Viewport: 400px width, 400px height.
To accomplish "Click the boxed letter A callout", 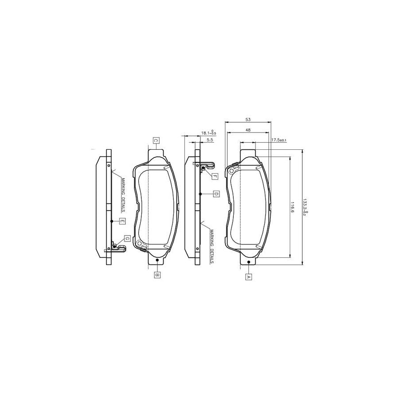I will [248, 276].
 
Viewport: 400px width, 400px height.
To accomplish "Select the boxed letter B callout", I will [157, 275].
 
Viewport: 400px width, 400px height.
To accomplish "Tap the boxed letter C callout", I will [156, 141].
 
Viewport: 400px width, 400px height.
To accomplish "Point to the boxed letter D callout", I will [215, 194].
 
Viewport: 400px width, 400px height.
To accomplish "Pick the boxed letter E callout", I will [122, 220].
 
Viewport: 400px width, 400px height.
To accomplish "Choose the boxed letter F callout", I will [214, 176].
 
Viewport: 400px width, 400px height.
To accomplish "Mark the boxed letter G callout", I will [127, 239].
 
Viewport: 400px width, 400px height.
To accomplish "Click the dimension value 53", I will [248, 119].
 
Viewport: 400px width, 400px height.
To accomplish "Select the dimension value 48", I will [248, 130].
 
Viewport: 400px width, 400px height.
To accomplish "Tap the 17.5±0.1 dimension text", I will [279, 140].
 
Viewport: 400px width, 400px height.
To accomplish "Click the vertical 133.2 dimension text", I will [304, 207].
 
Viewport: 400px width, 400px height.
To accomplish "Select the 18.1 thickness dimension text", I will [208, 133].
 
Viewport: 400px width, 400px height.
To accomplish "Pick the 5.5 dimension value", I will [210, 140].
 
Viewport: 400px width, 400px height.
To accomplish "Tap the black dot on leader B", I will [157, 261].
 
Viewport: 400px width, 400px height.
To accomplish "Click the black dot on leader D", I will [201, 194].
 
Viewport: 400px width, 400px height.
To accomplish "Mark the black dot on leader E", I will [111, 220].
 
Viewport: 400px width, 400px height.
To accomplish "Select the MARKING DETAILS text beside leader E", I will [122, 194].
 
